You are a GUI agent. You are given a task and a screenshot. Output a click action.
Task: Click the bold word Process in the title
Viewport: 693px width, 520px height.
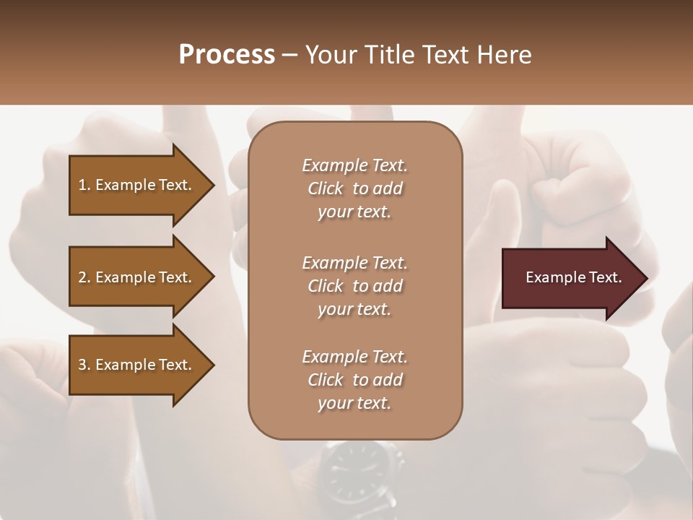tap(227, 55)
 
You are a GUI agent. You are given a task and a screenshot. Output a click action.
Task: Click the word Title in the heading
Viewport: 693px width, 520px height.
tap(391, 55)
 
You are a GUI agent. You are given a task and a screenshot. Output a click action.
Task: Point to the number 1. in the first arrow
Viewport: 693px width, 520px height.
tap(84, 185)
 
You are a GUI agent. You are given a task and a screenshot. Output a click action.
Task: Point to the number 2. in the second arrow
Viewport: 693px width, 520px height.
tap(84, 277)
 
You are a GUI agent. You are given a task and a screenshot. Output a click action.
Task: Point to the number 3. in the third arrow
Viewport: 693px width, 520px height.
tap(84, 365)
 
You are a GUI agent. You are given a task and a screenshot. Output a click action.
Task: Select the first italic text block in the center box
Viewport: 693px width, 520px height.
tap(354, 188)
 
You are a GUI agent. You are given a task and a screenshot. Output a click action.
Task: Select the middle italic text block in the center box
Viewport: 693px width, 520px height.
tap(354, 286)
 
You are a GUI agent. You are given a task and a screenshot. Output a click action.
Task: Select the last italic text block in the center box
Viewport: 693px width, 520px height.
tap(354, 380)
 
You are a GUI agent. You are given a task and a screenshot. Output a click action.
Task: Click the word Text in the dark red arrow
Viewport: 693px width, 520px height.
tap(605, 277)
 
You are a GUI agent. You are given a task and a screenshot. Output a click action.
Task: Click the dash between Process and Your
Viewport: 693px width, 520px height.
tap(289, 55)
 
